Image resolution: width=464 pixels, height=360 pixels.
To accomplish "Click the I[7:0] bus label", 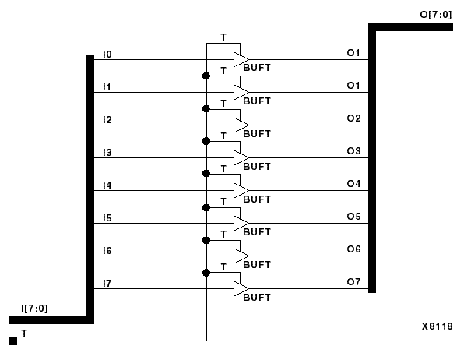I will pos(34,309).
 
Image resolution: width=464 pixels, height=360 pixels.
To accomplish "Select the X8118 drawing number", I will pos(437,327).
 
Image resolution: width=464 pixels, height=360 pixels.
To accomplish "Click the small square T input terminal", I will pos(12,341).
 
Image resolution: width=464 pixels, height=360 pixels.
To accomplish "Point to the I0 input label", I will pos(107,54).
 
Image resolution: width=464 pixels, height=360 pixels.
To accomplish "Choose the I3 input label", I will pos(107,152).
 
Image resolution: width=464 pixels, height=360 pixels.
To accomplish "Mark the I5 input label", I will pos(107,217).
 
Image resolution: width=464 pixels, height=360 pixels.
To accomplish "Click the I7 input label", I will pos(107,283).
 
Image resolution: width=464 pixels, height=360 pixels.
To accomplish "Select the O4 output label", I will pos(353,184).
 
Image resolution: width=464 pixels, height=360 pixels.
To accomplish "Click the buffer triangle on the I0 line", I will pos(241,60).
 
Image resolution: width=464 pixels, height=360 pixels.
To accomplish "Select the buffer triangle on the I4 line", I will pos(241,191).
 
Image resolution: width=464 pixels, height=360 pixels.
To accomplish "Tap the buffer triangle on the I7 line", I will pos(241,289).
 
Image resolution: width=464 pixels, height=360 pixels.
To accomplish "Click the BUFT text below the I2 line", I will pos(257,134).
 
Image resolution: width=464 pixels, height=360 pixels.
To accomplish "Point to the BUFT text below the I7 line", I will pos(257,298).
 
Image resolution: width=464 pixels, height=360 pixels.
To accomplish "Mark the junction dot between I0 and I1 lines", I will pos(206,76).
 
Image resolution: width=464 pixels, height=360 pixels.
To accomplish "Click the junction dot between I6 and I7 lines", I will pos(206,273).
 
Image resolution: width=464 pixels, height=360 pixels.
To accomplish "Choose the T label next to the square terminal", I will pos(24,333).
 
